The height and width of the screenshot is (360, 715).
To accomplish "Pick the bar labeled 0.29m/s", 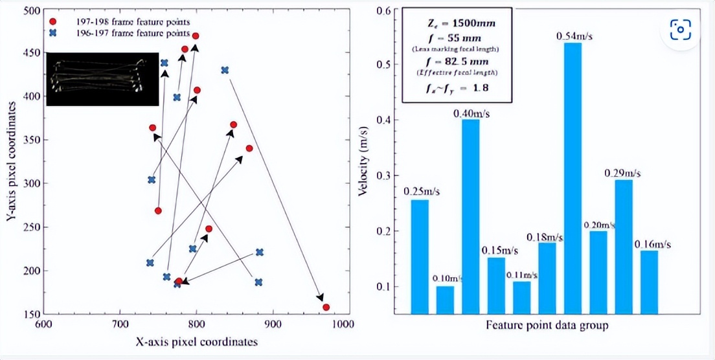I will (623, 246).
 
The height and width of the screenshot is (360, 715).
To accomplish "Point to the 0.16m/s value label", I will (652, 243).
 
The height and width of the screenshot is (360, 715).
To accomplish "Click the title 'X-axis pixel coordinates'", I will (197, 341).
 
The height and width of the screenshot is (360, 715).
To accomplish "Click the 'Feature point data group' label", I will (547, 325).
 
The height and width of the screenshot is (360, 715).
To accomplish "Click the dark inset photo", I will (102, 79).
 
